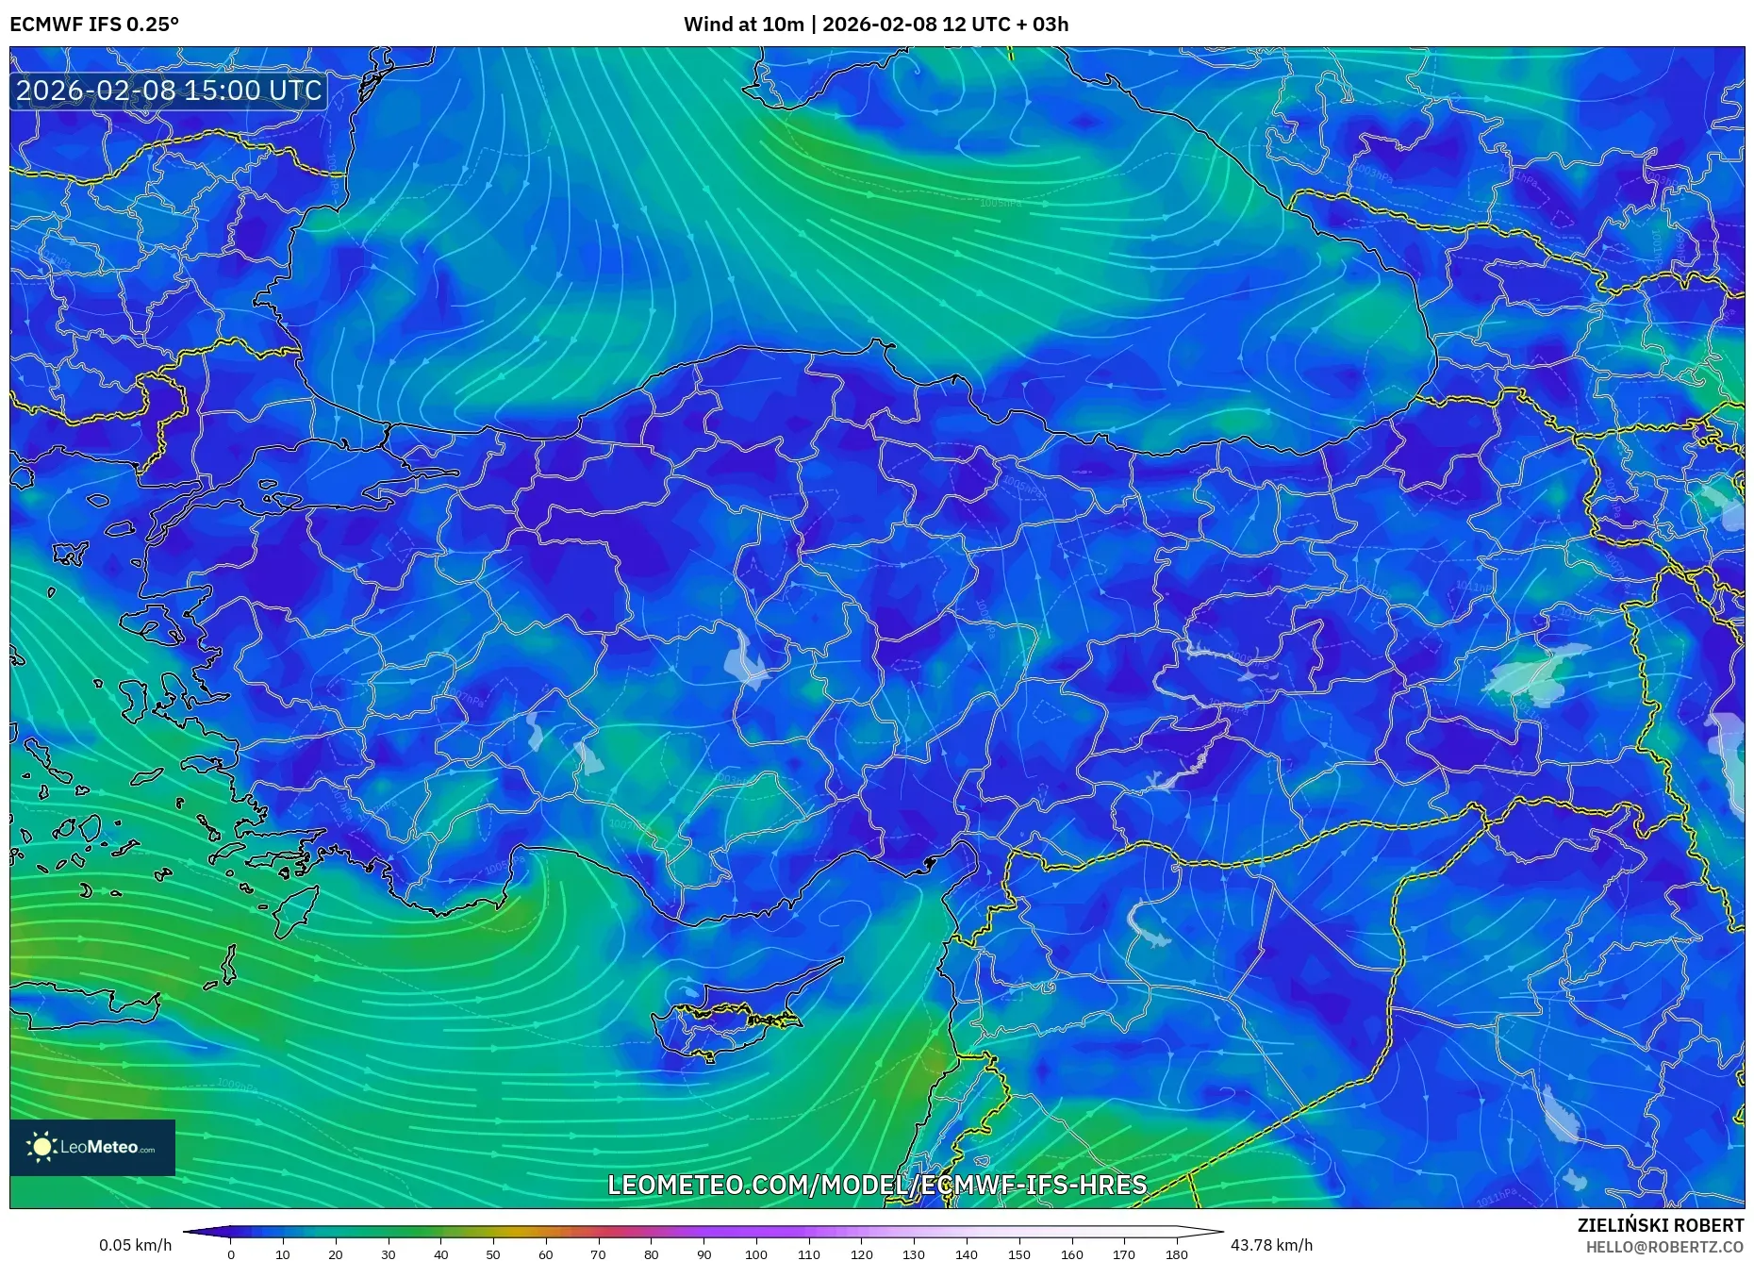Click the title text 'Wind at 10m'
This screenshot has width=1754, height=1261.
click(x=743, y=25)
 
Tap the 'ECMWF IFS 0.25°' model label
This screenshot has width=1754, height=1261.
click(x=94, y=25)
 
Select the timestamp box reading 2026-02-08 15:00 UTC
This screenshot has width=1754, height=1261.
click(x=169, y=91)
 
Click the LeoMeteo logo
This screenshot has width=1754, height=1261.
click(x=92, y=1147)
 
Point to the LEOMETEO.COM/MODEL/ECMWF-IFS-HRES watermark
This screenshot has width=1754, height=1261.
click(x=876, y=1185)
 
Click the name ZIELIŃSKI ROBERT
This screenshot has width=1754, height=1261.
click(x=1660, y=1225)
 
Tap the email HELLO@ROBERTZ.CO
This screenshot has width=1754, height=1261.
click(x=1664, y=1247)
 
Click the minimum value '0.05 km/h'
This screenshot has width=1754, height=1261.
click(x=135, y=1245)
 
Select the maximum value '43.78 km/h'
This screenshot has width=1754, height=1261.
click(x=1271, y=1245)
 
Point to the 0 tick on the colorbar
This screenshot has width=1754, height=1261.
click(x=230, y=1253)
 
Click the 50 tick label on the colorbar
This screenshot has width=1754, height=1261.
click(x=493, y=1253)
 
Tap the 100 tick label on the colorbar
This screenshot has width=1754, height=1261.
click(x=755, y=1253)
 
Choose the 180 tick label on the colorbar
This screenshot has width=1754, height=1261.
click(x=1176, y=1253)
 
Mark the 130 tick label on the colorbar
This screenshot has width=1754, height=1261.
click(x=913, y=1253)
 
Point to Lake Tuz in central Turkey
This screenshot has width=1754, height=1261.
click(x=745, y=659)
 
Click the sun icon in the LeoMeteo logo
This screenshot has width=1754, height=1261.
click(x=41, y=1147)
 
